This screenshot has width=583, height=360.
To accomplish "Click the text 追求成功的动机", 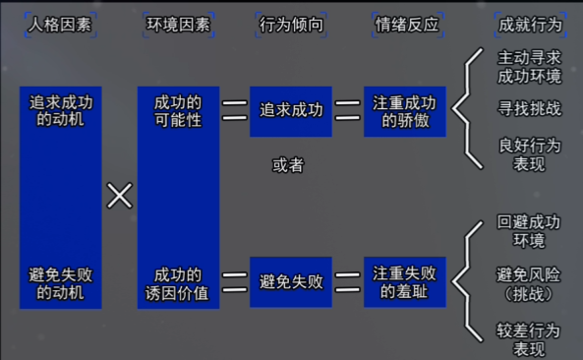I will click(x=61, y=109).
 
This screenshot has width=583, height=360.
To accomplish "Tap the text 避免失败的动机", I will click(x=61, y=282).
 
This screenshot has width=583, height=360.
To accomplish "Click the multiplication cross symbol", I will click(x=119, y=196).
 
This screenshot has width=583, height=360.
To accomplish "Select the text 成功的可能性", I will click(x=178, y=109).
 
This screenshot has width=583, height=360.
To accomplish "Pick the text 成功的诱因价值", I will click(x=178, y=282).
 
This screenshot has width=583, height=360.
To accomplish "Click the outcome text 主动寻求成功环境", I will click(x=530, y=66).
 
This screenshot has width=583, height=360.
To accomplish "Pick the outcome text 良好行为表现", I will click(x=530, y=154).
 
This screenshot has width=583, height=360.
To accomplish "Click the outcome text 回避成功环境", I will click(x=530, y=231).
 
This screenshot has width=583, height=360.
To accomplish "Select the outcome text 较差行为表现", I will click(x=530, y=339).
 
